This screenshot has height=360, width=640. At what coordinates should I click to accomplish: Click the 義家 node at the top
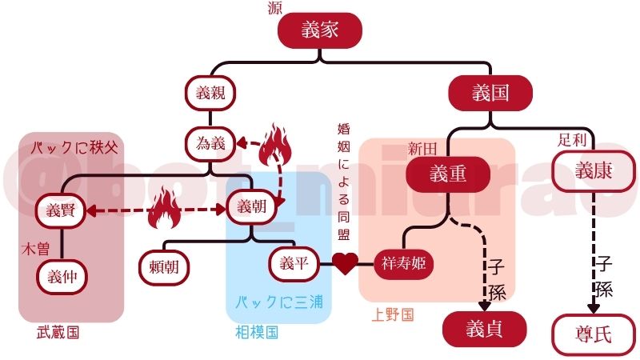coord(320,31)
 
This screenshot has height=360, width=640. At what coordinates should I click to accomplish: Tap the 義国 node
coord(490,93)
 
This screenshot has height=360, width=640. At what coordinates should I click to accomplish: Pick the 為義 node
coord(211,144)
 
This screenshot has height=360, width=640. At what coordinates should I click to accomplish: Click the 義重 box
coord(447,174)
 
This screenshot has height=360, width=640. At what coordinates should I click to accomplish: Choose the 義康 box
coord(593,170)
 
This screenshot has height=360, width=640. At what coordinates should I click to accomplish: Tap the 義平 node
coord(294,262)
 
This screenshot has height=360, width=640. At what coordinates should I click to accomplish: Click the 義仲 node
coord(61,277)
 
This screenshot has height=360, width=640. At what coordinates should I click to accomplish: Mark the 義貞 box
coord(485,328)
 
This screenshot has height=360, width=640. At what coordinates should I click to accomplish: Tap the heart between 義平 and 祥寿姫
coord(345,263)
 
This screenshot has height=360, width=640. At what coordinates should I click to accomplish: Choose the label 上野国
coord(393,315)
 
